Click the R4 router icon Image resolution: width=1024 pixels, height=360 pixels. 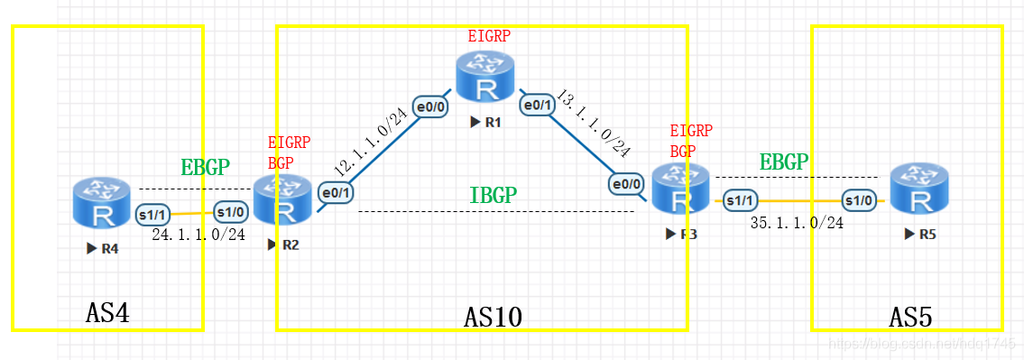100,203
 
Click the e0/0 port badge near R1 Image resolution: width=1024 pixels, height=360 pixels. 428,106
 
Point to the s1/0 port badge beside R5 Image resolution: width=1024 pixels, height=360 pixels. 858,199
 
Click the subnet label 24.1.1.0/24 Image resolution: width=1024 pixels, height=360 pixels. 198,235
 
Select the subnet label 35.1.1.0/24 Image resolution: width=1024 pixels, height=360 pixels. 798,222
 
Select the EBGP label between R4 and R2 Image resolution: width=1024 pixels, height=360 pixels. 206,167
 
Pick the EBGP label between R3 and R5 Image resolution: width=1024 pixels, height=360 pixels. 784,162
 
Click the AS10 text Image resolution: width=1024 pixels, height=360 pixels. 494,317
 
